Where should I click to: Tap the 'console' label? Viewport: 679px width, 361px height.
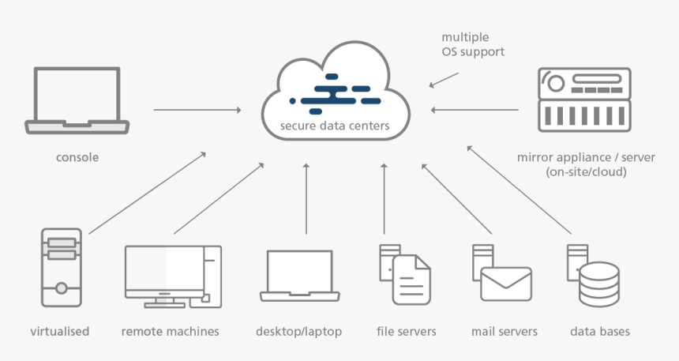coord(77,157)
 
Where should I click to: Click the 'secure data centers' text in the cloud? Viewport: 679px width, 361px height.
coord(334,126)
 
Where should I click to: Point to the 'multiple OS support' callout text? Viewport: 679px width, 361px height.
coord(473,44)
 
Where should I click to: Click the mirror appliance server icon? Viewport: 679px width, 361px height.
coord(584,100)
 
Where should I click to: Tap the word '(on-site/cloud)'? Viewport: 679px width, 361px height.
coord(586,172)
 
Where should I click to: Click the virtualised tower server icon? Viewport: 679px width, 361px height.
coord(61,267)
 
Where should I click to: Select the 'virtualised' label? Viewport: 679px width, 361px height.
coord(60,332)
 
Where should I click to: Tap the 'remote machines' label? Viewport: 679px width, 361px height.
coord(171,332)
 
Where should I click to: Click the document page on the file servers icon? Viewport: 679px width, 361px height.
coord(411,280)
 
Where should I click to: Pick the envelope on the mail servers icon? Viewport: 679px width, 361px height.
coord(506,284)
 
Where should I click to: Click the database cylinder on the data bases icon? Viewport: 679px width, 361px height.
coord(599,284)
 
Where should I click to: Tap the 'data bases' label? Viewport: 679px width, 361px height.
coord(600,332)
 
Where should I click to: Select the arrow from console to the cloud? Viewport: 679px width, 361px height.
coord(197,110)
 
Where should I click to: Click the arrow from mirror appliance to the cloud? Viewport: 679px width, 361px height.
coord(475,110)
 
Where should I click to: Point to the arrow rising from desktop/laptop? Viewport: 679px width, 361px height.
coord(306,199)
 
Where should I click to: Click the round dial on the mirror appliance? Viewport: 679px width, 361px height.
coord(556,83)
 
